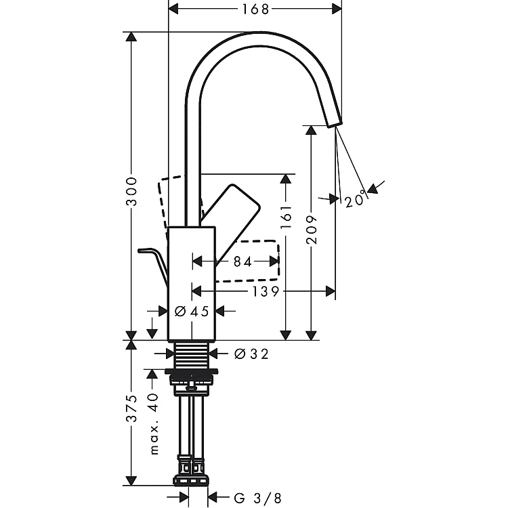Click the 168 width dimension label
pos(255,9)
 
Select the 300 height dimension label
pos(132,191)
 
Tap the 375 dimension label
pos(132,408)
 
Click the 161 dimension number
pos(286,216)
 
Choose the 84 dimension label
pos(242,261)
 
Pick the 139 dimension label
pos(266,291)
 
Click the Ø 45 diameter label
pos(192,312)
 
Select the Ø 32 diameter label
pos(251,354)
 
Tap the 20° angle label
pos(355,201)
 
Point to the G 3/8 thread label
pos(257,498)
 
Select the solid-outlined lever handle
pos(231,224)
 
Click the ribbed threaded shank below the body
pos(192,355)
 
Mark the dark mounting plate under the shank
pos(191,373)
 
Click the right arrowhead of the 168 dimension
pos(337,9)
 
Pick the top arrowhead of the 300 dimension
pos(131,37)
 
